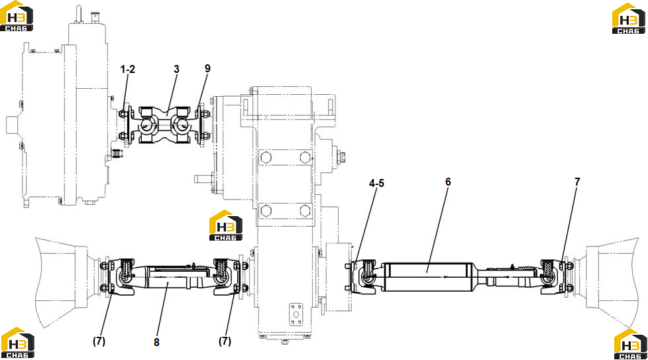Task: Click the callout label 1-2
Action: pos(128,69)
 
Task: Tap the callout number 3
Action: pos(176,69)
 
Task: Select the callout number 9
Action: pos(207,68)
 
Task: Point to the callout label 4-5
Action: pos(376,183)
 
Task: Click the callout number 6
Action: pos(448,182)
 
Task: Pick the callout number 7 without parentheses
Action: pos(577,182)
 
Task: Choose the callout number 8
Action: pos(156,342)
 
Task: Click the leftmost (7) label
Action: pos(99,341)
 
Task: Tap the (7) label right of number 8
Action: pos(225,341)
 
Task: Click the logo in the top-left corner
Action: pos(16,16)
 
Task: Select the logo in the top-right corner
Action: pos(629,18)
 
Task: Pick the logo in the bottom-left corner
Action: pos(17,342)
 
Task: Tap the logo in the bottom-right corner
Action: pos(631,344)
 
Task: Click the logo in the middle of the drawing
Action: pos(226,225)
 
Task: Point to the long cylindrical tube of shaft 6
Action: pos(429,277)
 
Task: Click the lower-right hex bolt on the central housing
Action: pos(305,211)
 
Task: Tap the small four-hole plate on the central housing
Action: pos(296,314)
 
